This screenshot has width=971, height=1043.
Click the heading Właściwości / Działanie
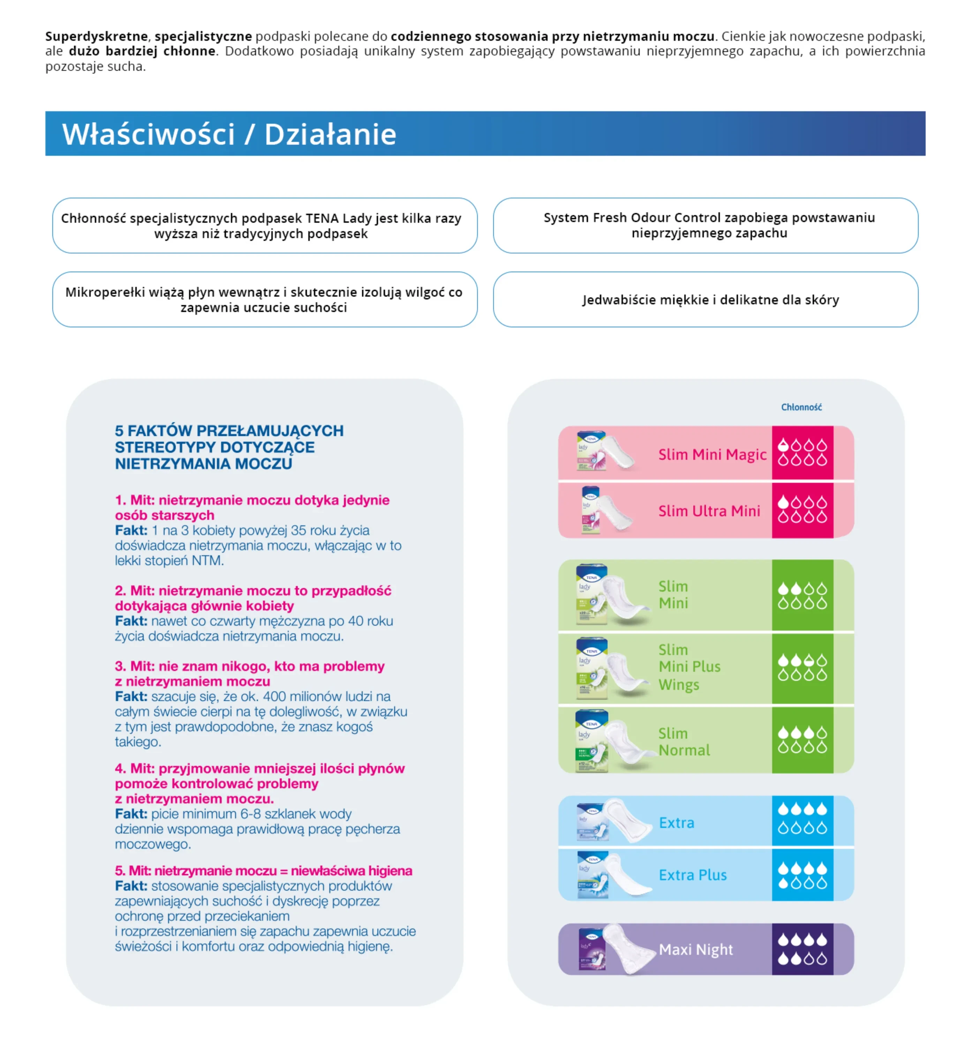coord(229,134)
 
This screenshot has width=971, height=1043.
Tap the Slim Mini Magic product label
coord(712,454)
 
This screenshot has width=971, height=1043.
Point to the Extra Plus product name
coord(692,875)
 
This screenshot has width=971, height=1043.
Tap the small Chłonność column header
coord(801,407)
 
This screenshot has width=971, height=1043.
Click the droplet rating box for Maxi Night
coord(802,949)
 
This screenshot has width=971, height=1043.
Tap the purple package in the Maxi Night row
coord(592,949)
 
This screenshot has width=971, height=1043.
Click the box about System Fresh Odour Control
coord(705,226)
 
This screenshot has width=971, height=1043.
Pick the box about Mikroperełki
coord(264,299)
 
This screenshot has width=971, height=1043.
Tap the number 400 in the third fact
coord(274,697)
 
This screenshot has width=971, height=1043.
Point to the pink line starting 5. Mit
coord(263,871)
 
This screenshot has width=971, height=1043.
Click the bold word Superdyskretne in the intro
coord(97,36)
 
